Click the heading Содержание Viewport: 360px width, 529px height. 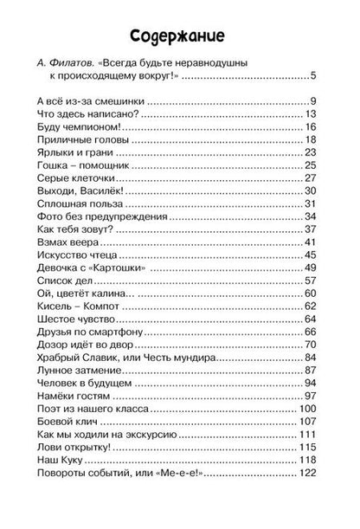coord(180,35)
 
